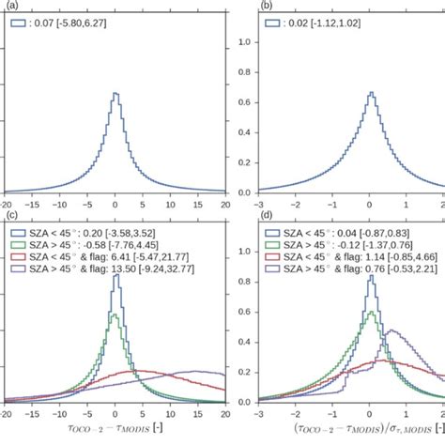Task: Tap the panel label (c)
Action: pos(7,217)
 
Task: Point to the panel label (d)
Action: pos(242,217)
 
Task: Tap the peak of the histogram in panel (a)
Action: pos(115,94)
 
